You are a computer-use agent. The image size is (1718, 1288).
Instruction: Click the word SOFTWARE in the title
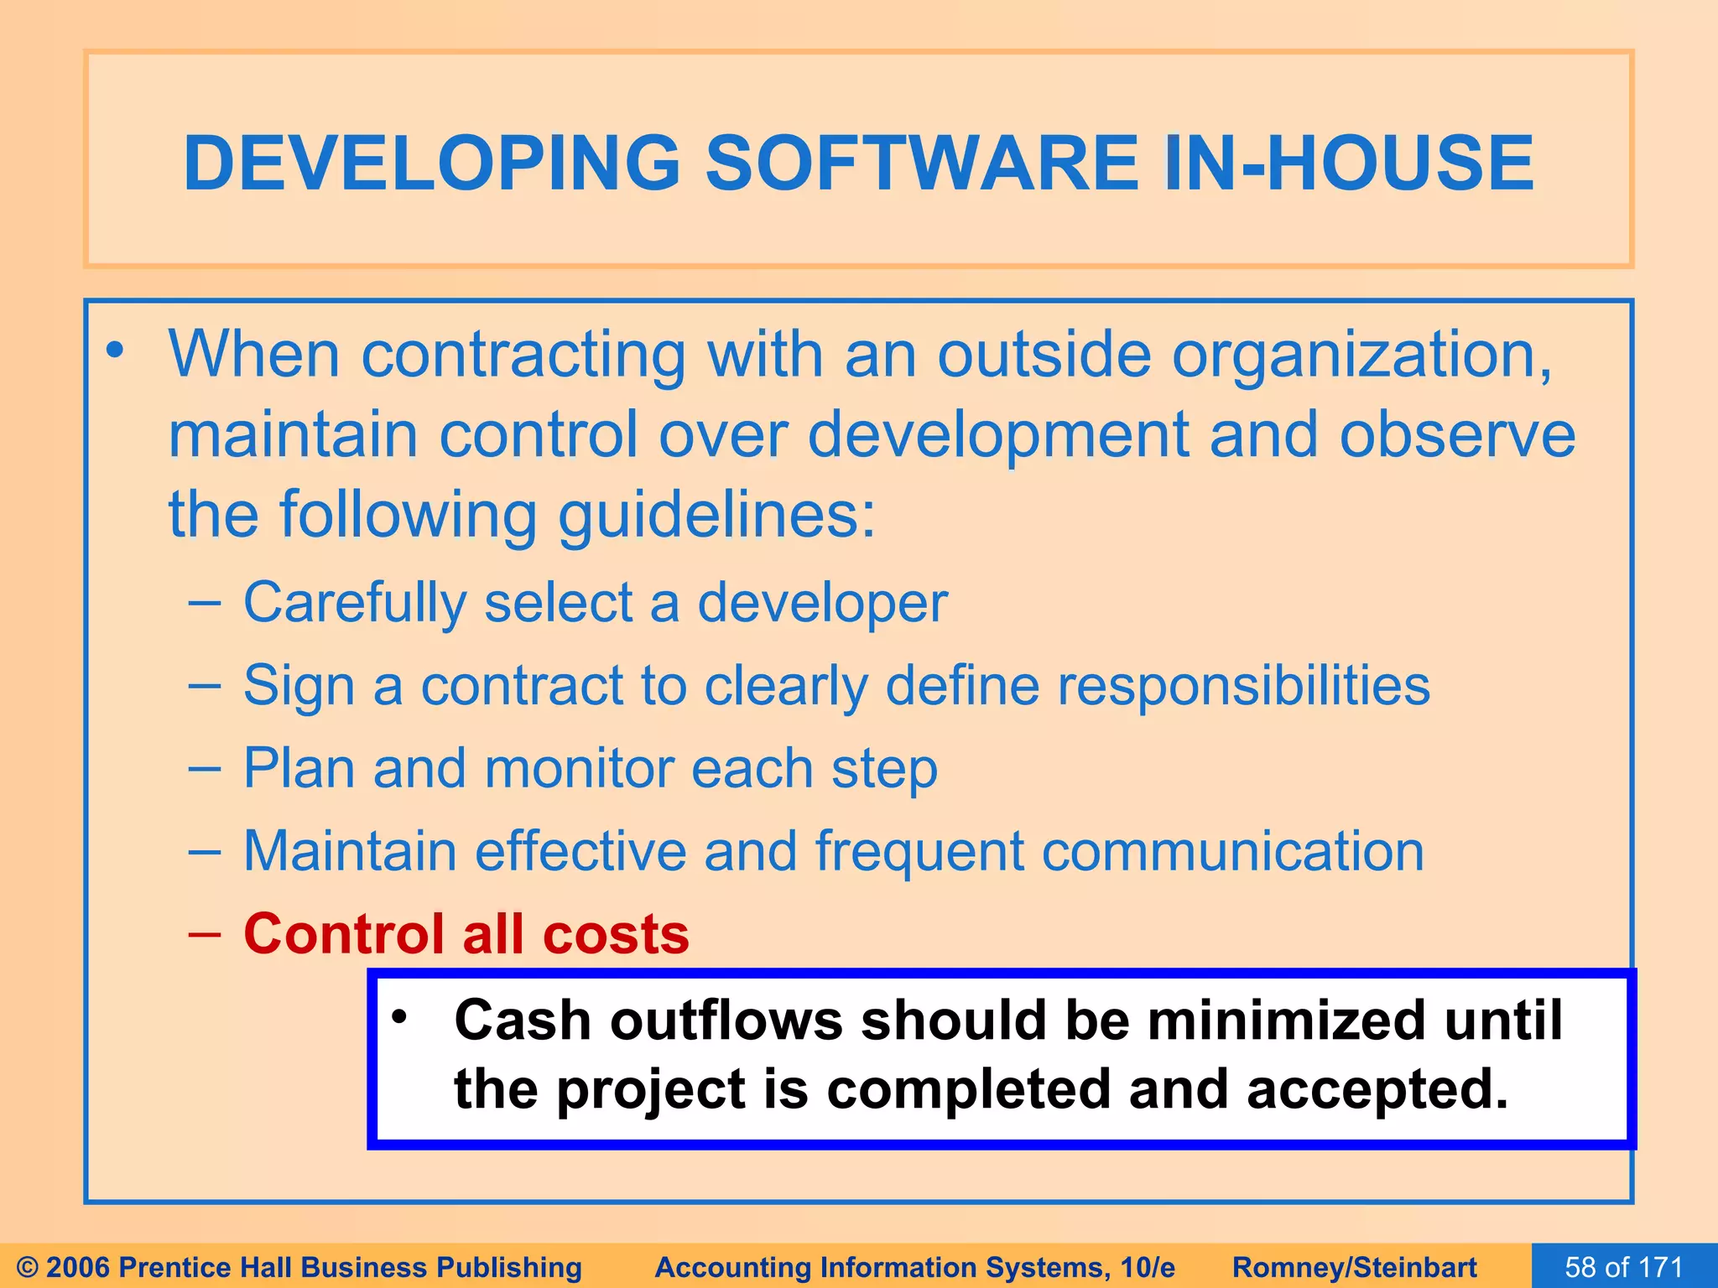921,163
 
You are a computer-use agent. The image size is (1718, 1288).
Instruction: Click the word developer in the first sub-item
822,603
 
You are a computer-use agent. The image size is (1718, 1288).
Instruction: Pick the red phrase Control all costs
466,933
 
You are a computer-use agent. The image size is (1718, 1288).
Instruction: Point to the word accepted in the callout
1377,1089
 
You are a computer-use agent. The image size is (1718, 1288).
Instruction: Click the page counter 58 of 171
1624,1266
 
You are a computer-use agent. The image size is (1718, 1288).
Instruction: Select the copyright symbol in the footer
28,1267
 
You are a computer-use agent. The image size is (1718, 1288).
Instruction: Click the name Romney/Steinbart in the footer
1354,1267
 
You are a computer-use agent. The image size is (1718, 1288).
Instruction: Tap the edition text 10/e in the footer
1147,1267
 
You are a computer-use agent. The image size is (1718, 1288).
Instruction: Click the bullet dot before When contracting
115,350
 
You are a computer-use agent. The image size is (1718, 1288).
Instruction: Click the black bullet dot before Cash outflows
399,1017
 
